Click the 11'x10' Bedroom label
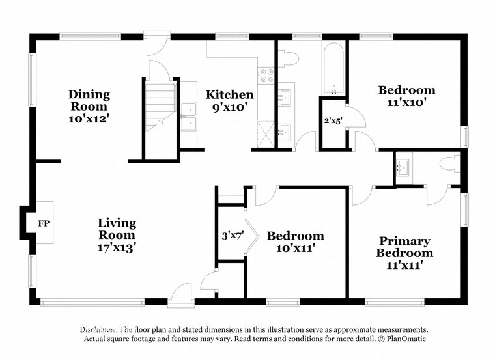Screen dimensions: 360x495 click(407, 96)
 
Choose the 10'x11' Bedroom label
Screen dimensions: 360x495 click(295, 242)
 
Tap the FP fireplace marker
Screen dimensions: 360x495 click(44, 223)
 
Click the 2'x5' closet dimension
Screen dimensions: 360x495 click(333, 120)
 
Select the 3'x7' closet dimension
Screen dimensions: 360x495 click(232, 237)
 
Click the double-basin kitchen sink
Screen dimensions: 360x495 click(189, 116)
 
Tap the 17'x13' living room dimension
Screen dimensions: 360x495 click(117, 247)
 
